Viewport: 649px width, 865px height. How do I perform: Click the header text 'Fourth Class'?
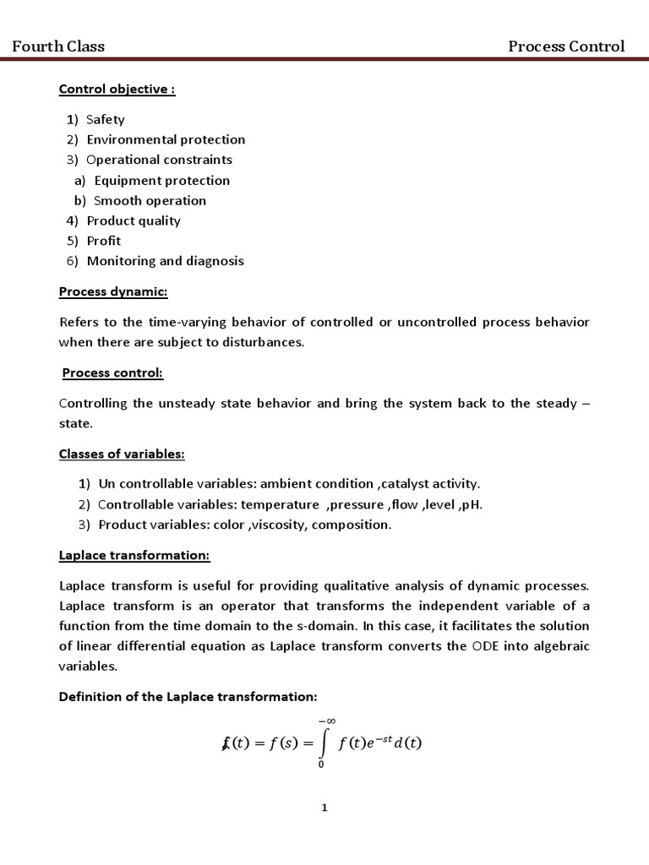click(58, 46)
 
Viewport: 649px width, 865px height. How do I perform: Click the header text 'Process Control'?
click(566, 46)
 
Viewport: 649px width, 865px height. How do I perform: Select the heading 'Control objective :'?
click(117, 90)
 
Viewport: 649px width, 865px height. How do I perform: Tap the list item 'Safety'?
click(106, 119)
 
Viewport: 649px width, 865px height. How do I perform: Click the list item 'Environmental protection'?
click(166, 139)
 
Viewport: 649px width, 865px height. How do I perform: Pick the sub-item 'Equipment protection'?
click(161, 180)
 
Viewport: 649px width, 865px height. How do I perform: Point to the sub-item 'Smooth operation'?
click(150, 200)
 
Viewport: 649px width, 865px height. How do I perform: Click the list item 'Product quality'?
click(134, 220)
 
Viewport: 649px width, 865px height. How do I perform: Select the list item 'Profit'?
click(104, 241)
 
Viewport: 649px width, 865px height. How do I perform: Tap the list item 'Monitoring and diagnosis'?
click(165, 261)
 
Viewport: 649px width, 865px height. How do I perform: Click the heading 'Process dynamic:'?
click(113, 292)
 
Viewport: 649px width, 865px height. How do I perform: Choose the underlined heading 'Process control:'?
click(112, 373)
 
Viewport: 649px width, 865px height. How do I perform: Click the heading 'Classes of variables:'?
click(122, 454)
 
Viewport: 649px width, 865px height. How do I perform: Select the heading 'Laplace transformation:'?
click(134, 555)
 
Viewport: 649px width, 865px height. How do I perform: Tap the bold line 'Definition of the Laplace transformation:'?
click(188, 697)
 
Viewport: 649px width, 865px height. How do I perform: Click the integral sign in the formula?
click(322, 743)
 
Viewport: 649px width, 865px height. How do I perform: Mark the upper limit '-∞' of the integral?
click(326, 720)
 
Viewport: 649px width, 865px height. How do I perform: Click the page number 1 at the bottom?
click(324, 808)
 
